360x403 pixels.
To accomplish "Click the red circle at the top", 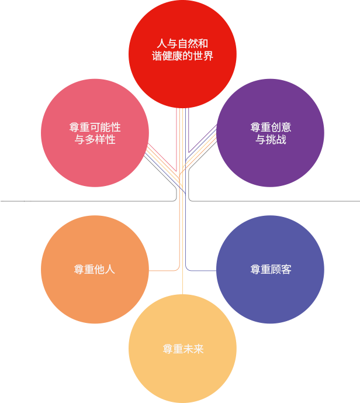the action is [182, 54].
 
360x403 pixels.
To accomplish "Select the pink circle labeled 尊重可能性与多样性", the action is [95, 133].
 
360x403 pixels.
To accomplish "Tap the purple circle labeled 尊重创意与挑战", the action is [270, 133].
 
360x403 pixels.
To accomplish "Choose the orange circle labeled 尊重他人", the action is [95, 270].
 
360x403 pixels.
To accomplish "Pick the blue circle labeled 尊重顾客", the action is [270, 270].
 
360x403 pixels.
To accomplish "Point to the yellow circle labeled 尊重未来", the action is [182, 349].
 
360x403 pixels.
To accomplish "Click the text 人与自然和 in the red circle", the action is [182, 43].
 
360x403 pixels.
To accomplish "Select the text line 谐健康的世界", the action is [182, 56].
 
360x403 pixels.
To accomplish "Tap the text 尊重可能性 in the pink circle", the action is [95, 128].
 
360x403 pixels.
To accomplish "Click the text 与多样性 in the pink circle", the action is [95, 140].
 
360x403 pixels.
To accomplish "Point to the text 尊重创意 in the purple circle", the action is [271, 128].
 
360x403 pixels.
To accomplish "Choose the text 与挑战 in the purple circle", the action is [271, 140].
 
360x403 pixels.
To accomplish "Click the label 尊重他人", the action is [95, 270].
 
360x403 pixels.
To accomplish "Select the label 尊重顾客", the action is [271, 270].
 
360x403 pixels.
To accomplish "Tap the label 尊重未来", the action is [183, 349].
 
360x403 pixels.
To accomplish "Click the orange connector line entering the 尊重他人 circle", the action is [164, 271].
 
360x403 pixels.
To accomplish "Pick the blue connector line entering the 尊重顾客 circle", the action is [202, 271].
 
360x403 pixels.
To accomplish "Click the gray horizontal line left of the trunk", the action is [87, 201].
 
